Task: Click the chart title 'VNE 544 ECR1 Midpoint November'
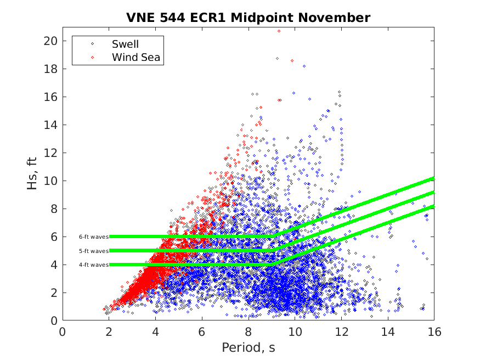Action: click(x=248, y=18)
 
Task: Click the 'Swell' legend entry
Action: click(x=125, y=44)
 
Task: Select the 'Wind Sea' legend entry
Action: click(x=136, y=57)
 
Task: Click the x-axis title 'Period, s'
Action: click(x=248, y=348)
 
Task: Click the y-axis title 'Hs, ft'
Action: click(x=32, y=173)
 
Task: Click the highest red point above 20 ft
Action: click(x=279, y=31)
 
